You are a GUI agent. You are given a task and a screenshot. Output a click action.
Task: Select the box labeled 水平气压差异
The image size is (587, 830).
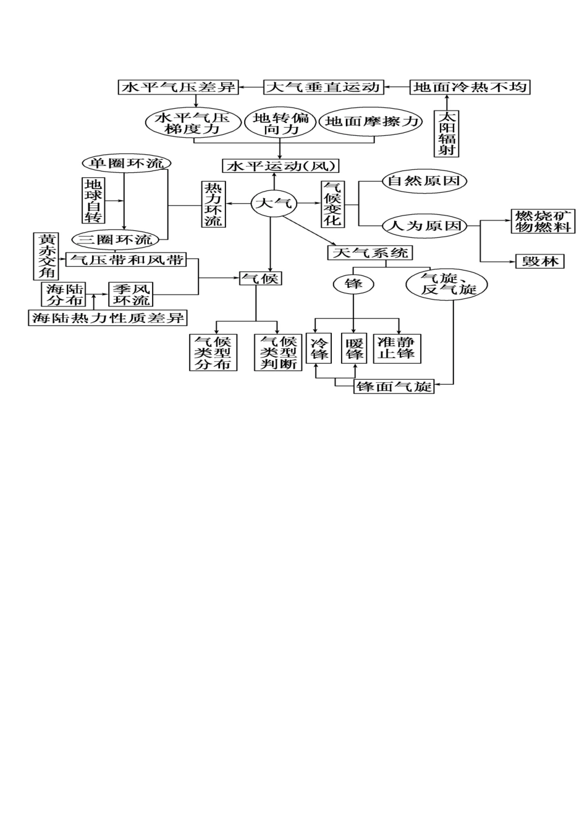coord(179,87)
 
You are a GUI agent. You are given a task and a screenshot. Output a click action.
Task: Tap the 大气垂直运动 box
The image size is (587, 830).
coord(323,87)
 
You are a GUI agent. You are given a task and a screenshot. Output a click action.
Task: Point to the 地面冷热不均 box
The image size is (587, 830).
coord(470,87)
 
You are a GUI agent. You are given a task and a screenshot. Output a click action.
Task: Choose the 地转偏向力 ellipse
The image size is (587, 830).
coord(281,123)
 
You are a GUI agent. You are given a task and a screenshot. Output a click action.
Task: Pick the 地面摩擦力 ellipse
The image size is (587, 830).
coord(373,122)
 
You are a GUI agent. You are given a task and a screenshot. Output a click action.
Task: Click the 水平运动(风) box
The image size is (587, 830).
coord(281,166)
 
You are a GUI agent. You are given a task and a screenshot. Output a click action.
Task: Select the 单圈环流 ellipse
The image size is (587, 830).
coord(127,163)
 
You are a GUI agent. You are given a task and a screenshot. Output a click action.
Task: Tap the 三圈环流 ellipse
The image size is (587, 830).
coord(116,239)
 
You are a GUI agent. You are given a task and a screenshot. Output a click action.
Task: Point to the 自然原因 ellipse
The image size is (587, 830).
coord(423,181)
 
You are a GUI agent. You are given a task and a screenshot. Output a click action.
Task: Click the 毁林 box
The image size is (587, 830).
coord(540,261)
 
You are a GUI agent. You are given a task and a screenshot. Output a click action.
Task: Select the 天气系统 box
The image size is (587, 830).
coord(370,253)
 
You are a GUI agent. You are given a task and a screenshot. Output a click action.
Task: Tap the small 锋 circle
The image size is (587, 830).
coord(353,284)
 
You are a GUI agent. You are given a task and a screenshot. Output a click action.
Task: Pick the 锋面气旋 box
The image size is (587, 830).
coord(394,387)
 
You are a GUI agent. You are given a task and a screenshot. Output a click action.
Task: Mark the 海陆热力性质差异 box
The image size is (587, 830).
coord(108,318)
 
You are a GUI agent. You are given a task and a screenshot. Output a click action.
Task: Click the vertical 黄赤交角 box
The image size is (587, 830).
coord(46,256)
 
